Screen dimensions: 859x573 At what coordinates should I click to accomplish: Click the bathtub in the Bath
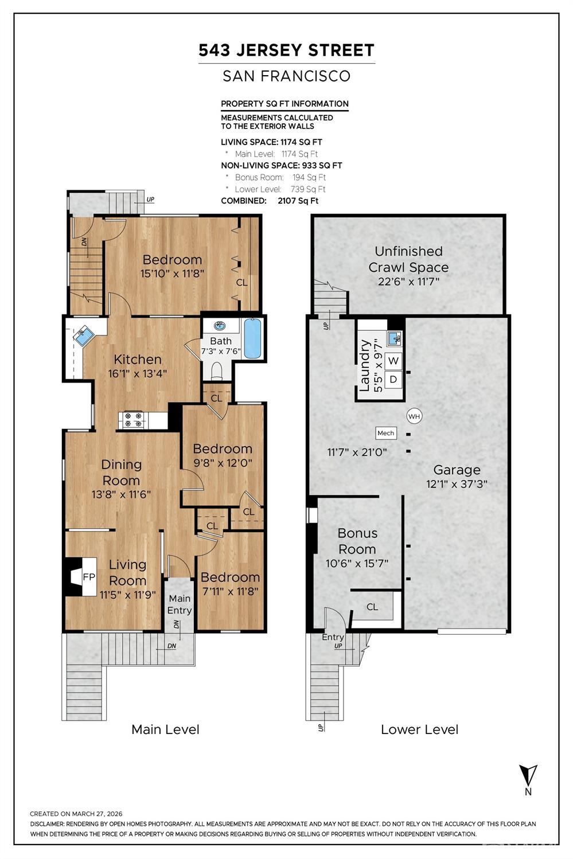click(252, 338)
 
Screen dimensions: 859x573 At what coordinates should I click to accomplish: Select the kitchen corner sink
click(84, 335)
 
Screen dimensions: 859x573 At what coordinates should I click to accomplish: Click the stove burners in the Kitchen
click(133, 420)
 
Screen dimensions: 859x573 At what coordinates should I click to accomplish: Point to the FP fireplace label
click(89, 577)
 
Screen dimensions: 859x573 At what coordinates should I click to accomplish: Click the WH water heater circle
click(414, 416)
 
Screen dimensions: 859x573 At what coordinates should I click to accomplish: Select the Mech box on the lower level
click(386, 433)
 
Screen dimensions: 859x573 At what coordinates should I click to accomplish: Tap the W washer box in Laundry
click(393, 361)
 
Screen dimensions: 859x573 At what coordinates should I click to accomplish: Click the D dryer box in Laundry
click(393, 379)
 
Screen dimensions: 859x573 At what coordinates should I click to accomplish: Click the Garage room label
click(457, 470)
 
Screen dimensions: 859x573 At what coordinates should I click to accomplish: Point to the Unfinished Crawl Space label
click(408, 259)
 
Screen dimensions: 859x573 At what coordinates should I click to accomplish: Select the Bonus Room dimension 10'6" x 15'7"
click(357, 564)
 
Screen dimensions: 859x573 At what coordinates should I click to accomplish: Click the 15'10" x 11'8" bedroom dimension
click(172, 274)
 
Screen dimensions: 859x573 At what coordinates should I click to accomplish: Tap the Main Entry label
click(180, 604)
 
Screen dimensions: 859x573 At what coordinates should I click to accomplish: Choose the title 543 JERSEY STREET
click(286, 50)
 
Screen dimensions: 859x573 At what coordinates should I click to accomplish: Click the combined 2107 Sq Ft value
click(298, 201)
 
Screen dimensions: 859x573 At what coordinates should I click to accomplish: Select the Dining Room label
click(121, 472)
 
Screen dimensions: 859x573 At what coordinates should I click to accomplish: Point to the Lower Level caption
click(419, 729)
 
